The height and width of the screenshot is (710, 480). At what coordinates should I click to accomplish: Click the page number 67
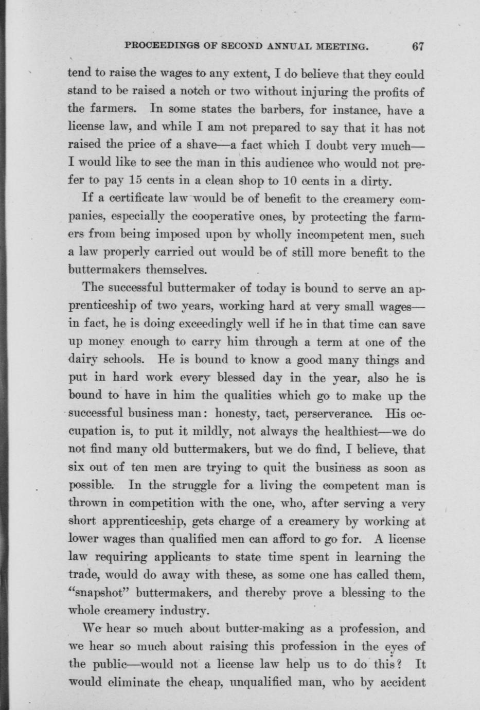(417, 46)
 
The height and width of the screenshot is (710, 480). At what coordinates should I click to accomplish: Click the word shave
(206, 146)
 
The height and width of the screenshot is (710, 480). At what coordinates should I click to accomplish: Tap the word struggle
(189, 486)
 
